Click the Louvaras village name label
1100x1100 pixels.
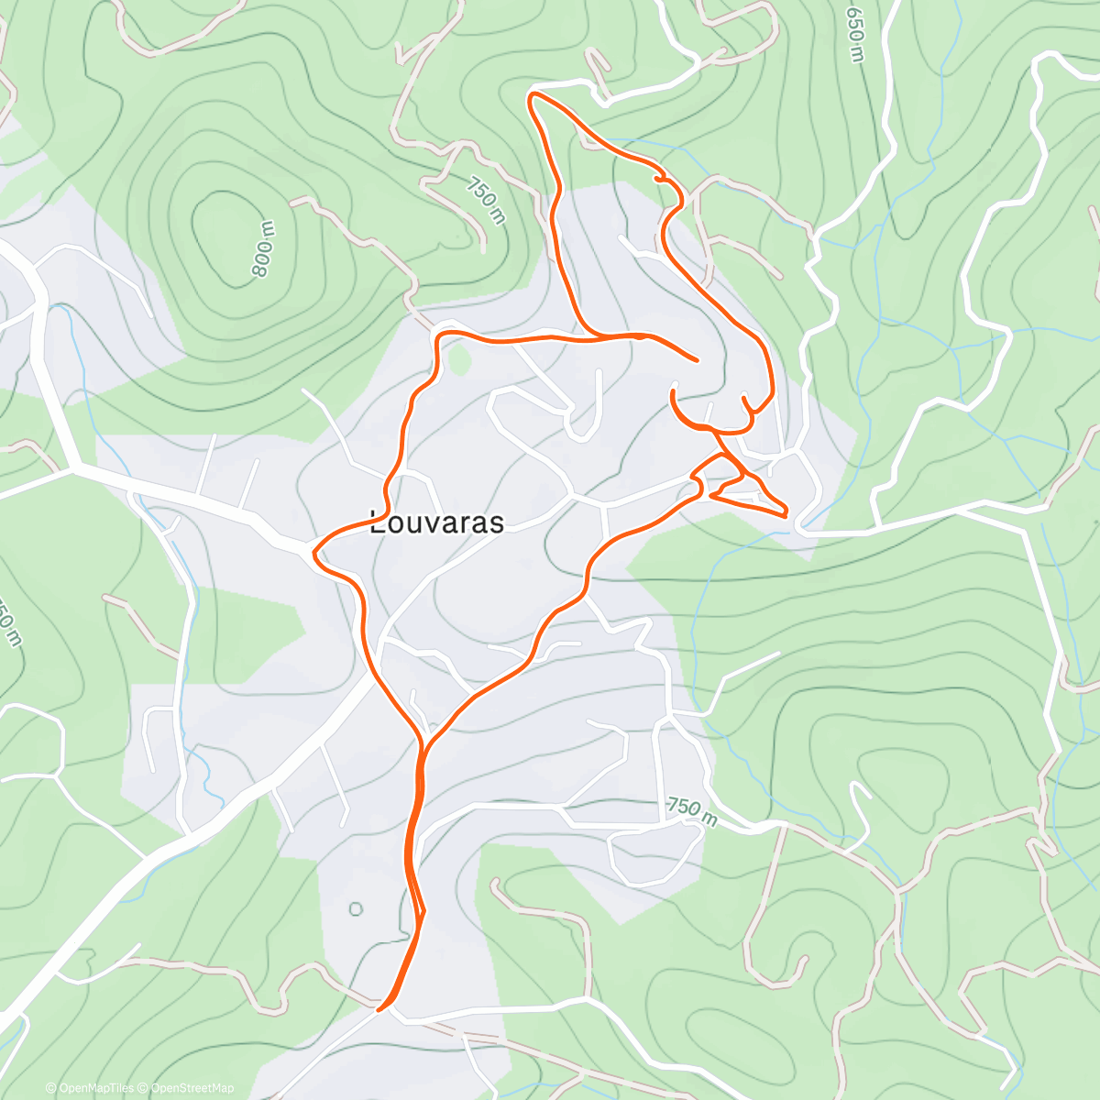point(436,523)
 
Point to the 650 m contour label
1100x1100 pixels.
point(854,35)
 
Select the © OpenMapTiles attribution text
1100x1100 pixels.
point(90,1088)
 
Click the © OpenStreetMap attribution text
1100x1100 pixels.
point(186,1088)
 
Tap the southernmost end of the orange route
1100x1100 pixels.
point(381,1008)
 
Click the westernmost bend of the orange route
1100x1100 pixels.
point(315,553)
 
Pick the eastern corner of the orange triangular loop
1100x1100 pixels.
point(786,513)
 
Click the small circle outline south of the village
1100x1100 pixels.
point(356,909)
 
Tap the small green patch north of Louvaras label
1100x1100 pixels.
point(458,361)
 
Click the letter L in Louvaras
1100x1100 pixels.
point(376,523)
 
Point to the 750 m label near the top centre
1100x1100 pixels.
point(485,201)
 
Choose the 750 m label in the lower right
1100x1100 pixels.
point(692,809)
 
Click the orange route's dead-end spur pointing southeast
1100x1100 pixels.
point(697,359)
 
